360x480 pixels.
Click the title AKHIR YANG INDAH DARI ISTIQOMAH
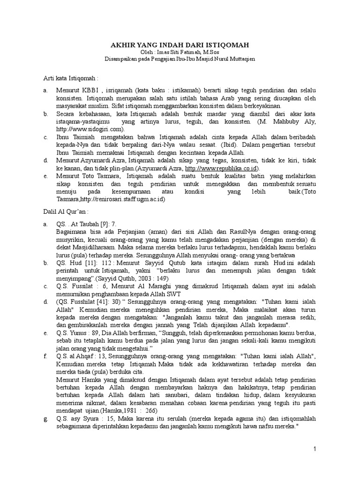point(180,44)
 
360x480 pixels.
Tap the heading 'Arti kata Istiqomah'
point(70,76)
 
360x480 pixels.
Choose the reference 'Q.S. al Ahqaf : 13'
point(81,356)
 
